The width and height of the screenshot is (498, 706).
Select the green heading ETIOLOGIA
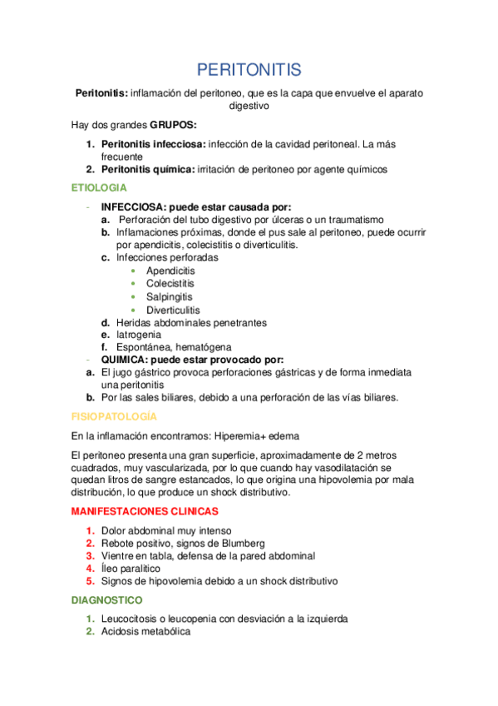tap(98, 188)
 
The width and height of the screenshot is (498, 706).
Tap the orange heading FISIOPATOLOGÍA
tap(114, 415)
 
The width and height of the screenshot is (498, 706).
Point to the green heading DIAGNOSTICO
tap(106, 599)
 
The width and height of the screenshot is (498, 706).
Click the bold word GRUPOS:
tap(173, 125)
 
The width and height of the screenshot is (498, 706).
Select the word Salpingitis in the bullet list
tap(169, 296)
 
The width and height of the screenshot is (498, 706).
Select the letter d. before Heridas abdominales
tap(106, 322)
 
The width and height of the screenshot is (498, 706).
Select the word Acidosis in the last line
tap(121, 631)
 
